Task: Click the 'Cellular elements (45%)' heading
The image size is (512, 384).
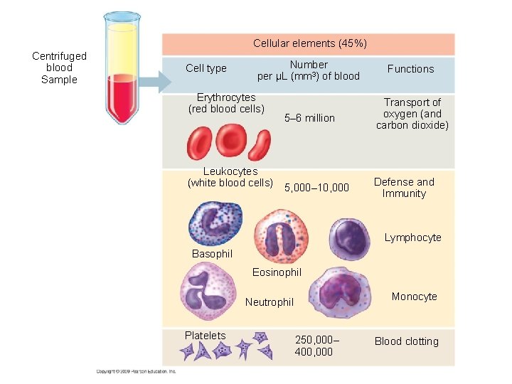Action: pos(310,43)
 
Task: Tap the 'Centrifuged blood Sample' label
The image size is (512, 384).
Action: pos(59,68)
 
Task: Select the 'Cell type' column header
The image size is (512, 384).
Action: pos(206,68)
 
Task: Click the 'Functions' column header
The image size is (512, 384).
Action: pos(410,68)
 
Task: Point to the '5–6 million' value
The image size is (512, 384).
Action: pos(309,118)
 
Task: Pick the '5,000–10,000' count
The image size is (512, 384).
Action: pos(316,188)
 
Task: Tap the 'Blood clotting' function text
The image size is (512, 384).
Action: pos(406,341)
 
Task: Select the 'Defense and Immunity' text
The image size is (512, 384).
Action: pos(404,188)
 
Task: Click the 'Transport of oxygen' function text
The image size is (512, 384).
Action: pos(412,114)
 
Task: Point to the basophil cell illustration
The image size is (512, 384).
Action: pos(215,223)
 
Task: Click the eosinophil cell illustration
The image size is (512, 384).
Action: pos(282,236)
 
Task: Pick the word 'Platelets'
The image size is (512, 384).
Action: pos(205,336)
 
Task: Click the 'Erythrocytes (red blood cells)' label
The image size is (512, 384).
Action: pos(226,103)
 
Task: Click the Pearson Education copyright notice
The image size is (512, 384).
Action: pos(136,370)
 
